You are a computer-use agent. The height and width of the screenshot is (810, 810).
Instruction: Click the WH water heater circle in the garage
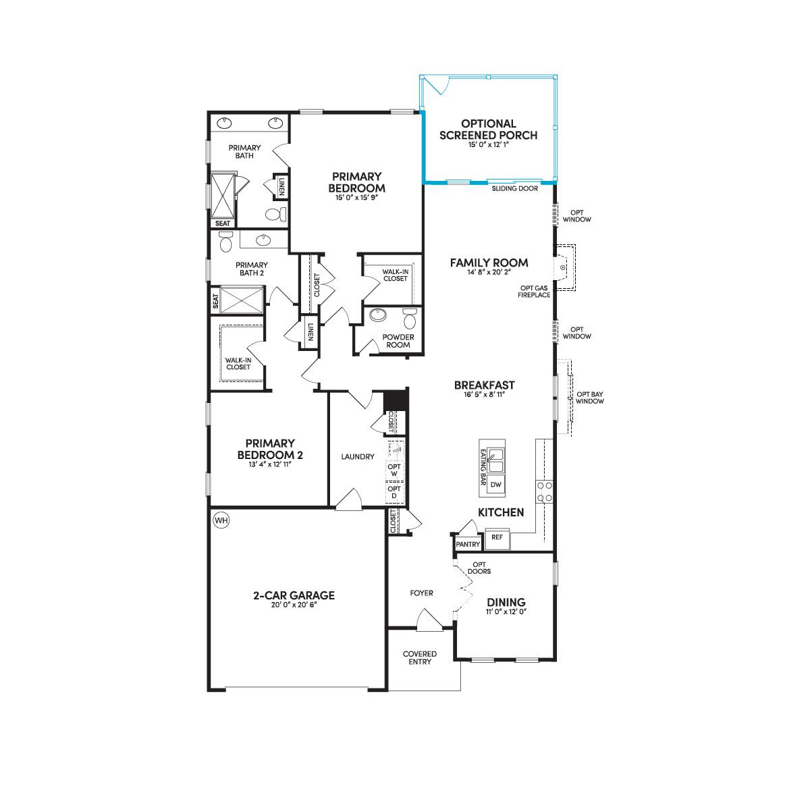click(221, 520)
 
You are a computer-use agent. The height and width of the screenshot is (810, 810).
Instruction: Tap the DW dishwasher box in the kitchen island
click(496, 484)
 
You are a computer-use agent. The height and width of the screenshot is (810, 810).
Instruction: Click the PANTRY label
click(468, 544)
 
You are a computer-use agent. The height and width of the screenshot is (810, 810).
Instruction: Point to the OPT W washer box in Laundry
click(394, 470)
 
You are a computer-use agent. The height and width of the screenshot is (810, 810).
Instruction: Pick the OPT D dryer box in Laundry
click(394, 492)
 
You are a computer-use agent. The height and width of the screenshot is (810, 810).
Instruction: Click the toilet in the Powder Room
click(410, 319)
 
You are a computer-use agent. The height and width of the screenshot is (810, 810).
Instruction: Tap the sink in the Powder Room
click(379, 315)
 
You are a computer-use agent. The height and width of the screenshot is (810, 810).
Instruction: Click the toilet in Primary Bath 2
click(225, 242)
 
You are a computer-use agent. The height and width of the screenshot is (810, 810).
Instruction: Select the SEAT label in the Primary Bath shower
click(223, 223)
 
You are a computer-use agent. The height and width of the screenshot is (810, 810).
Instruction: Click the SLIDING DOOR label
click(515, 189)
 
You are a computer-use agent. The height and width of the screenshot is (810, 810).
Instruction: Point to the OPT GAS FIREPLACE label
click(534, 292)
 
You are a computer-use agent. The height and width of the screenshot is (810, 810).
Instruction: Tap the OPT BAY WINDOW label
click(590, 398)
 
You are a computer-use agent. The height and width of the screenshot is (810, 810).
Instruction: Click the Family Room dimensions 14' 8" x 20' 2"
click(489, 272)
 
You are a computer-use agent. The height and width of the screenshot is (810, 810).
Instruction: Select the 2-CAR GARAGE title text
click(294, 595)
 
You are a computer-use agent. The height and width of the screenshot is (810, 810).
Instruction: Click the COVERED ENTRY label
click(419, 658)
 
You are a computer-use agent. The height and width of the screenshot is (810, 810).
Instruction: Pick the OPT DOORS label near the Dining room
click(479, 568)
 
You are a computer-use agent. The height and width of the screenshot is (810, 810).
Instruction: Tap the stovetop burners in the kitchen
click(545, 492)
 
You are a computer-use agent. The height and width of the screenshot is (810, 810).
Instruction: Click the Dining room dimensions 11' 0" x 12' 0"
click(506, 612)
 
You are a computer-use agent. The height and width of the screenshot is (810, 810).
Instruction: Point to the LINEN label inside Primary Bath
click(282, 186)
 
